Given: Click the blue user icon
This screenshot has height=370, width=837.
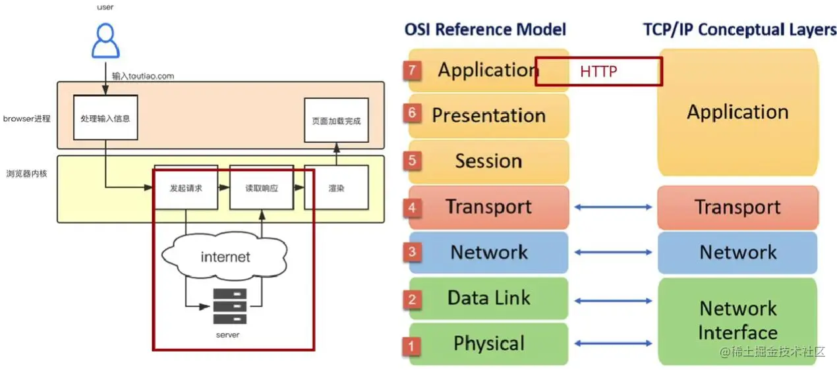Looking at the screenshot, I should [x=105, y=41].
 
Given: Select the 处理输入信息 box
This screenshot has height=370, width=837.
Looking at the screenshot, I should [x=105, y=119].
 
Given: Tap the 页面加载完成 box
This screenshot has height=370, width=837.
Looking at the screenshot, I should [x=336, y=120].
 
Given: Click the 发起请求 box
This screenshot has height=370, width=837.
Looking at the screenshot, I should [x=186, y=188].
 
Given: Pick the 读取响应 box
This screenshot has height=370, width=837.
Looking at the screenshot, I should [x=262, y=188].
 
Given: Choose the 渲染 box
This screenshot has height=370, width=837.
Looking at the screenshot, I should [x=336, y=188].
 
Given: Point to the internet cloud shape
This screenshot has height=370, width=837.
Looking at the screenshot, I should [x=225, y=256].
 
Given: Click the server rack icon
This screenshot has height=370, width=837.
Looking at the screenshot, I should [x=229, y=306].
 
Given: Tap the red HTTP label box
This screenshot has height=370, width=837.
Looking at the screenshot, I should [x=598, y=72].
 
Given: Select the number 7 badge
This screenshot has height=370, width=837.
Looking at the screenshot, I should [x=413, y=69].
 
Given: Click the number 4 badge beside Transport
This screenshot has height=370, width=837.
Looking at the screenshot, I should [x=413, y=207].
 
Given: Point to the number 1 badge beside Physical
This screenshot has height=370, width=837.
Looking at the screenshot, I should [x=413, y=345].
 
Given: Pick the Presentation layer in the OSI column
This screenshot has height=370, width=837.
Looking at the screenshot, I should [x=488, y=116].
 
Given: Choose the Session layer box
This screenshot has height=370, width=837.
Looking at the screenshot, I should [x=488, y=161].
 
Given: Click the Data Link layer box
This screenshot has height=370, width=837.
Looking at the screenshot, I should [x=488, y=298].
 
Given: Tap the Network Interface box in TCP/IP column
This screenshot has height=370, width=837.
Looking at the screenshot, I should [x=737, y=321].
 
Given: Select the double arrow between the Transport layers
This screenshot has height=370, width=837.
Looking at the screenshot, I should [x=613, y=207].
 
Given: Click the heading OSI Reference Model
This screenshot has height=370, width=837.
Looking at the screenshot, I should [x=485, y=30].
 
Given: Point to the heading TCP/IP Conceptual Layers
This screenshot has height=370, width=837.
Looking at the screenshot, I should [x=739, y=30].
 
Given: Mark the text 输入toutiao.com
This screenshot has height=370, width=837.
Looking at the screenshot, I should [x=143, y=76].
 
